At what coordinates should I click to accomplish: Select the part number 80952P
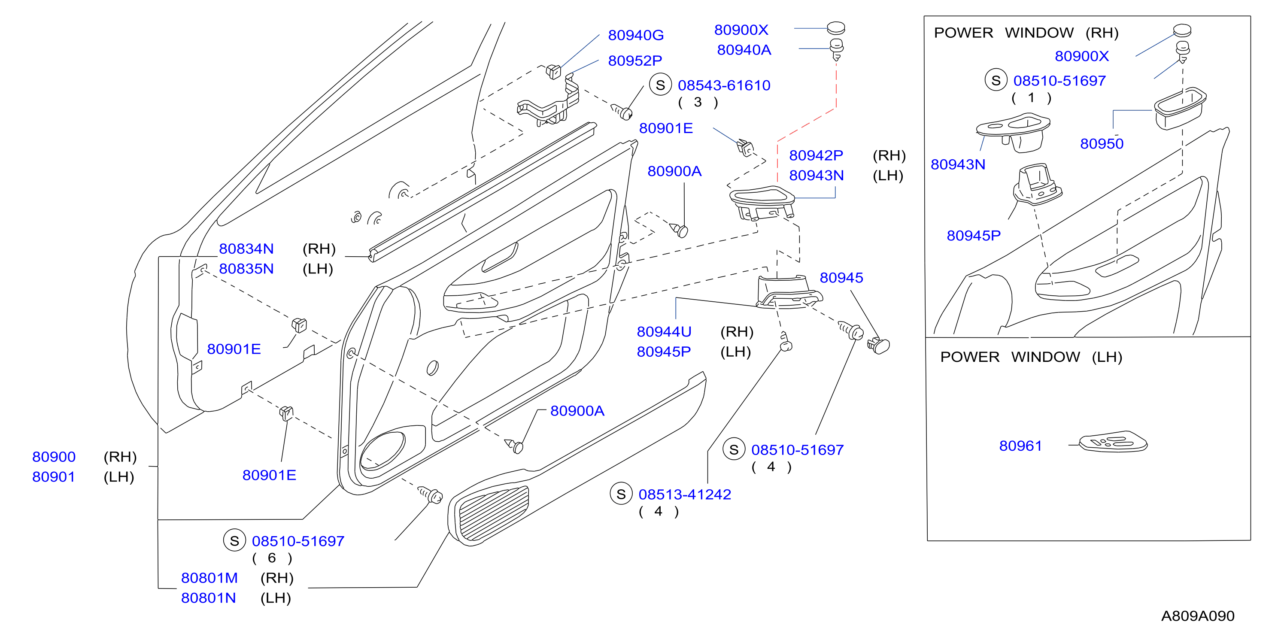click(x=635, y=61)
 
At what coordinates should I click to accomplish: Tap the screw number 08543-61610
click(x=724, y=85)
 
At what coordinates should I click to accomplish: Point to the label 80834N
click(x=246, y=249)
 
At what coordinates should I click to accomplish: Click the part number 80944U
click(x=664, y=331)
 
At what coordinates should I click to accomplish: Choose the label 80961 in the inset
click(x=1020, y=446)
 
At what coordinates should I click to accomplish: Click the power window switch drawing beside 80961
click(x=1113, y=442)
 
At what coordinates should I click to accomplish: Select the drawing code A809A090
click(x=1198, y=616)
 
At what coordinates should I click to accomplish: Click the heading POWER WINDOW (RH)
click(x=1026, y=33)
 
